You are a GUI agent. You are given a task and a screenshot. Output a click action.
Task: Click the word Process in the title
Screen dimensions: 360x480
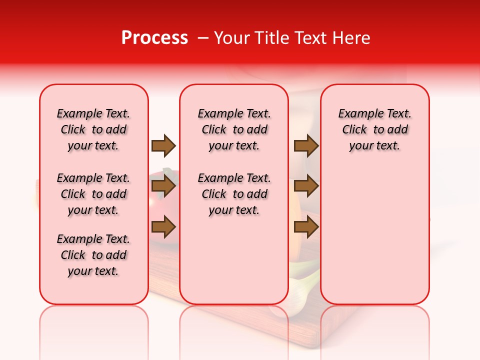tap(154, 38)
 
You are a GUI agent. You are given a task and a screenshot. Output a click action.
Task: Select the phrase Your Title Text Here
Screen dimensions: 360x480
tap(292, 38)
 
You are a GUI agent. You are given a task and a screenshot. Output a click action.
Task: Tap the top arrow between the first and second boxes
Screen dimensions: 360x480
tap(163, 145)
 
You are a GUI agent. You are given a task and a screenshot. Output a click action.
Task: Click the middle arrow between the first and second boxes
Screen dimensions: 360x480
tap(163, 186)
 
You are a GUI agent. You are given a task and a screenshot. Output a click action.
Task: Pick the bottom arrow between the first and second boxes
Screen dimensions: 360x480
tap(163, 227)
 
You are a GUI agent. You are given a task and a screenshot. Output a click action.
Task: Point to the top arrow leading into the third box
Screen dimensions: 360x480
tap(306, 145)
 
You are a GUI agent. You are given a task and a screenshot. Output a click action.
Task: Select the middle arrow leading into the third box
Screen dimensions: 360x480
tap(306, 186)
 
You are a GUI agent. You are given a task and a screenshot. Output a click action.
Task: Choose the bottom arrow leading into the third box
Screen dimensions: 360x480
tap(306, 227)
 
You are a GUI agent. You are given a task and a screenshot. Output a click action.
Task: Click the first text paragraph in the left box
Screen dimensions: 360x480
tap(93, 129)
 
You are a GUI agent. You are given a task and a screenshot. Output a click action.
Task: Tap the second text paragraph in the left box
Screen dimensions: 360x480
tap(93, 194)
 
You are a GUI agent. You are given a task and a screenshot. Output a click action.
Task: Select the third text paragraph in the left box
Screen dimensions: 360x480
tap(93, 255)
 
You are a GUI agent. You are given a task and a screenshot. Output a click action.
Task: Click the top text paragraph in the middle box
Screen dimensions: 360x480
tap(234, 129)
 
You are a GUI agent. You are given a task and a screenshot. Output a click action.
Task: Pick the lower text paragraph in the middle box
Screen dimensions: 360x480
tap(234, 194)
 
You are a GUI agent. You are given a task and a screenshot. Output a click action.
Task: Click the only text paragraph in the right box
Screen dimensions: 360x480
tap(374, 129)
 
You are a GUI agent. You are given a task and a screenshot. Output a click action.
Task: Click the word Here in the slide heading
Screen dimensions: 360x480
tap(352, 38)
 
